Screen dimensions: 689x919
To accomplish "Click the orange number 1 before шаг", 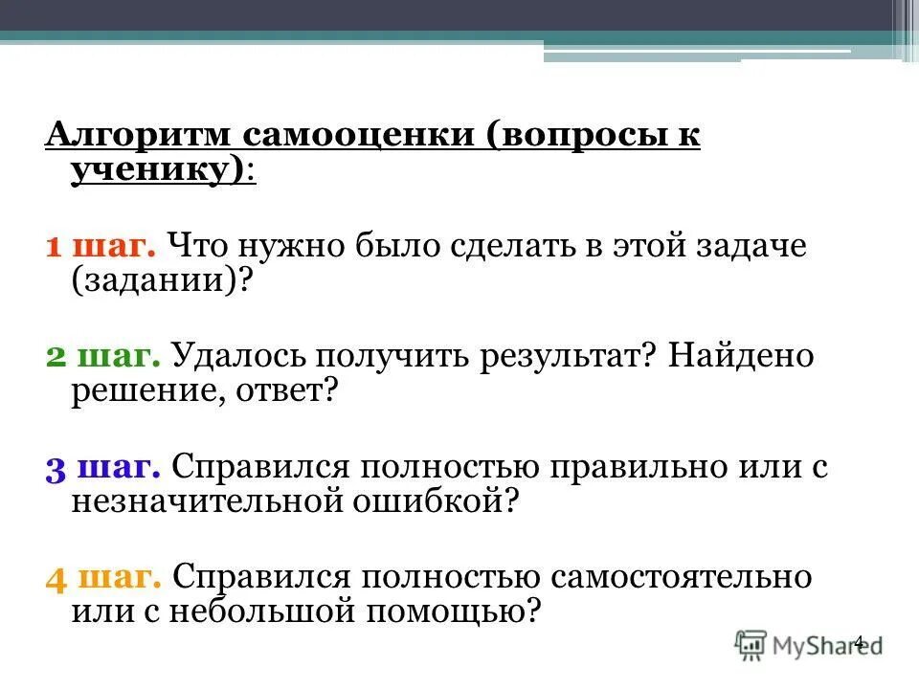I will pyautogui.click(x=54, y=247).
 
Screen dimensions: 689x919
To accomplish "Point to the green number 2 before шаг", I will pyautogui.click(x=56, y=358).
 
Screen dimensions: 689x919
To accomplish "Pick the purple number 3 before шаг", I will pyautogui.click(x=56, y=468).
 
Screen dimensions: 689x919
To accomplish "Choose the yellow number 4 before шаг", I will pyautogui.click(x=56, y=578).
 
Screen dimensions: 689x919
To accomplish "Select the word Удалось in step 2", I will pyautogui.click(x=229, y=358).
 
